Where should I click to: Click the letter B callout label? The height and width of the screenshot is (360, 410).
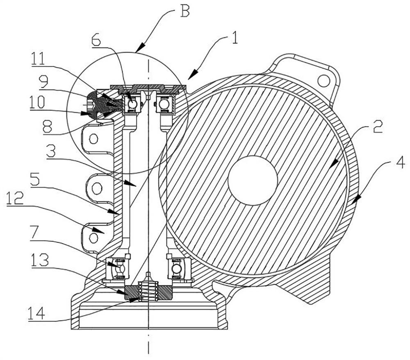[185, 11]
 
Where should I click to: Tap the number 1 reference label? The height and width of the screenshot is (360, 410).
[235, 37]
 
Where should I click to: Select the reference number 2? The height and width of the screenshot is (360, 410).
[377, 127]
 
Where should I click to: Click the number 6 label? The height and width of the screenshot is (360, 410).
[96, 40]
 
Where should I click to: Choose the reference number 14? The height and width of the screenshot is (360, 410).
[36, 314]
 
